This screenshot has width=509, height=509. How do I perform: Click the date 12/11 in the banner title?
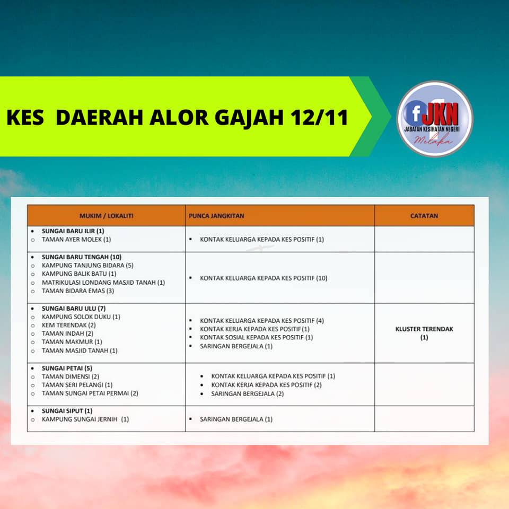(x=319, y=117)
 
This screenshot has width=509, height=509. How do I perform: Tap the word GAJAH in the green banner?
(x=249, y=118)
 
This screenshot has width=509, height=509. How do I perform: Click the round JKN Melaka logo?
(x=435, y=119)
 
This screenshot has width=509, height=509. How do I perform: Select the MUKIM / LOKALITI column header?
(x=107, y=216)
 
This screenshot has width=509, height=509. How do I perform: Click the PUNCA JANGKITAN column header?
(x=216, y=216)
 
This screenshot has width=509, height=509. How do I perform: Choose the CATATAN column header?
(x=424, y=216)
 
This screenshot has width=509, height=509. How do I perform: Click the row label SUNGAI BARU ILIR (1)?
(x=73, y=231)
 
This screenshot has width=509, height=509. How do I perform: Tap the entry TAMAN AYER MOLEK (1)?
(x=76, y=240)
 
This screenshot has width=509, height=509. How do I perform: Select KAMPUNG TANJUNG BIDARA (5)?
(x=87, y=266)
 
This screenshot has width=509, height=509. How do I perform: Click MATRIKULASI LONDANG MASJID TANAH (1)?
(x=103, y=283)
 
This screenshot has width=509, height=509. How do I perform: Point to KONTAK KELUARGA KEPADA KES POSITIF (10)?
(x=264, y=278)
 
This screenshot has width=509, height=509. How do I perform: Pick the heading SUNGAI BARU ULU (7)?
(x=74, y=309)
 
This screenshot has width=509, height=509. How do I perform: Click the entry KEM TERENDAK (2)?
(x=69, y=325)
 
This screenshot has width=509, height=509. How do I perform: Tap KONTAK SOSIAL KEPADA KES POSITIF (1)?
(x=257, y=338)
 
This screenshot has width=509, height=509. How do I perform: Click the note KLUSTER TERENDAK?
(x=424, y=329)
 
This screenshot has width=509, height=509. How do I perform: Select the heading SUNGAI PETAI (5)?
(x=67, y=368)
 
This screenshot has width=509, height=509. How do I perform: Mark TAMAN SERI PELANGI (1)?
(x=77, y=385)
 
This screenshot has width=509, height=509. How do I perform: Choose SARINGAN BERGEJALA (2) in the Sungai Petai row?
(x=248, y=394)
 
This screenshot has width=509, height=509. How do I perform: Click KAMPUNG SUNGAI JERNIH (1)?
(x=85, y=419)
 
